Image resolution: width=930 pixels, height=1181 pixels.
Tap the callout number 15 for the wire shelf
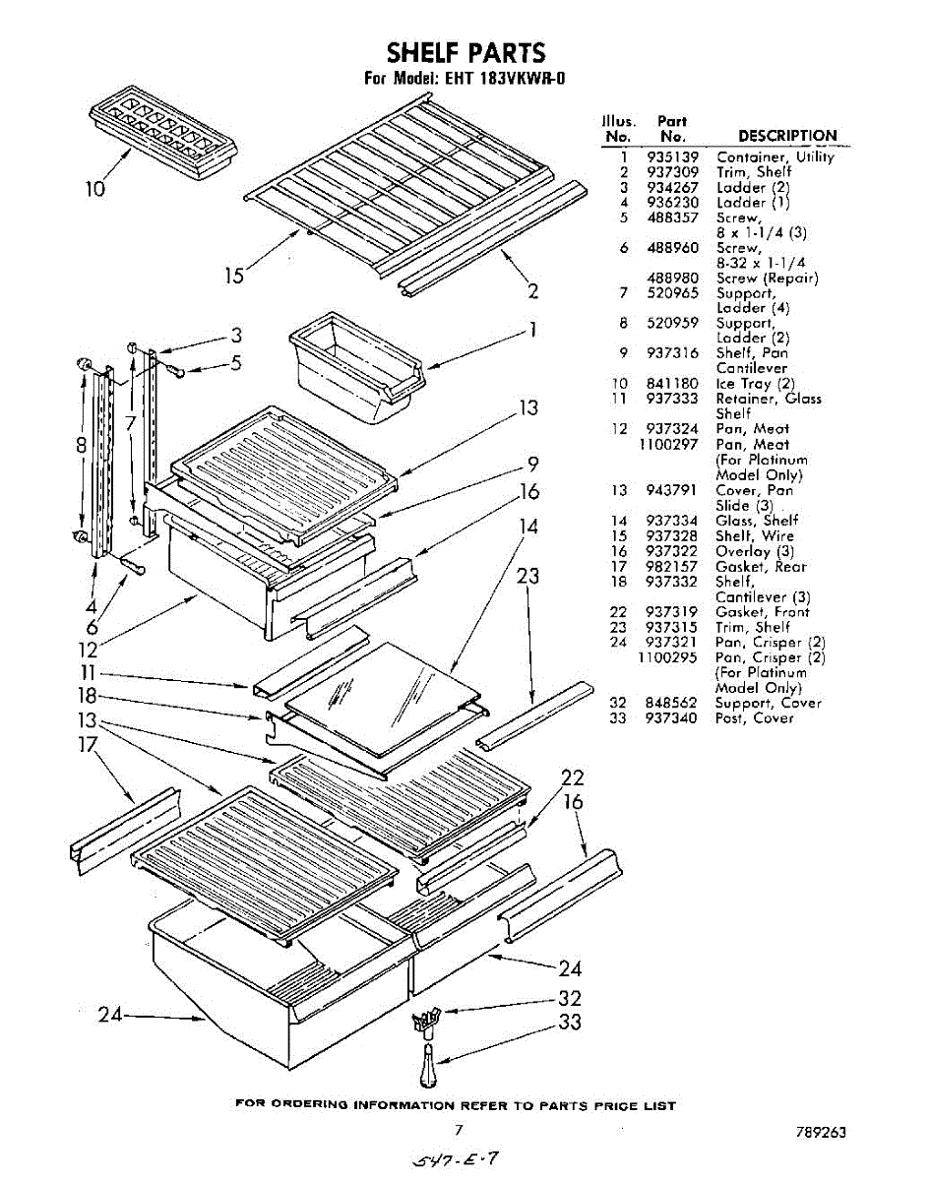pyautogui.click(x=233, y=275)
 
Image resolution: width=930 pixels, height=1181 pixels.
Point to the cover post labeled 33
pyautogui.click(x=428, y=1066)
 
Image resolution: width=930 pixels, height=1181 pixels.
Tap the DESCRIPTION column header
pyautogui.click(x=787, y=136)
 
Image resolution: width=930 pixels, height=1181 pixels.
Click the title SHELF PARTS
pyautogui.click(x=465, y=52)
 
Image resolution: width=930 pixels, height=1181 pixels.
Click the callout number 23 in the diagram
pyautogui.click(x=529, y=577)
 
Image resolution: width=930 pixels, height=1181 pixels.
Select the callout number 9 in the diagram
pyautogui.click(x=532, y=464)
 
